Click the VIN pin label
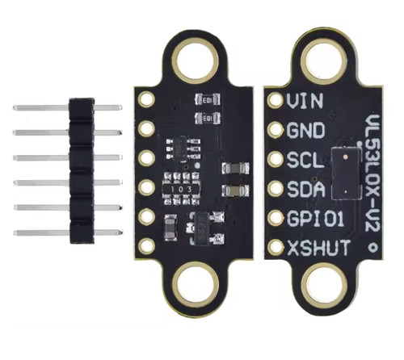pyautogui.click(x=305, y=100)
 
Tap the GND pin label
pyautogui.click(x=305, y=130)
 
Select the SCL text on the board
pyautogui.click(x=305, y=160)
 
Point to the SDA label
pyautogui.click(x=305, y=189)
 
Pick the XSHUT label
pyautogui.click(x=319, y=248)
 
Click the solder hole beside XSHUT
pyautogui.click(x=276, y=247)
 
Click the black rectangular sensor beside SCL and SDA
pyautogui.click(x=346, y=174)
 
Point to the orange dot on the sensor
pyautogui.click(x=346, y=157)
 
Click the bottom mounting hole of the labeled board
pyautogui.click(x=324, y=287)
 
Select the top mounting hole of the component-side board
pyautogui.click(x=195, y=61)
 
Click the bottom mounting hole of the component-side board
pyautogui.click(x=196, y=285)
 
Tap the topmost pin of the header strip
pyautogui.click(x=67, y=107)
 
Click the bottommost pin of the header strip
pyautogui.click(x=69, y=232)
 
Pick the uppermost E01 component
pyautogui.click(x=208, y=99)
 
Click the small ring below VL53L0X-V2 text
pyautogui.click(x=373, y=247)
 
